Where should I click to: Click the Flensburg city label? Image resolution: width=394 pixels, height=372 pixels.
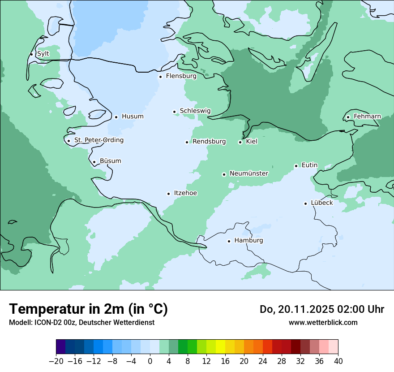click(x=181, y=76)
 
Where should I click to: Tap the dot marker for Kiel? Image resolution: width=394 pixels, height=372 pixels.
click(x=240, y=142)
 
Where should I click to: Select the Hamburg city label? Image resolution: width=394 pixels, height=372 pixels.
click(x=248, y=241)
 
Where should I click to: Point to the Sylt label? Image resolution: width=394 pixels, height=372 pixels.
click(x=43, y=54)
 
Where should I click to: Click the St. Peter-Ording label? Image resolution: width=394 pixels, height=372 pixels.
click(x=98, y=140)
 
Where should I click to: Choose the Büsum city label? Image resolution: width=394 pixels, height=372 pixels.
click(x=110, y=161)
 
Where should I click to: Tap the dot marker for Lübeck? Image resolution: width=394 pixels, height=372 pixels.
click(x=306, y=203)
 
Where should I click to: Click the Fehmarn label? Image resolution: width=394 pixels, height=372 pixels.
click(x=367, y=117)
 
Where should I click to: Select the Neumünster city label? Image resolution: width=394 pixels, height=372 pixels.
click(x=249, y=173)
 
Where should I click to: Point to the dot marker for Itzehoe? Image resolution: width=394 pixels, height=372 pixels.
click(x=169, y=194)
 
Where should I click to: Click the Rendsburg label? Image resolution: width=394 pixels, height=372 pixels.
click(x=209, y=142)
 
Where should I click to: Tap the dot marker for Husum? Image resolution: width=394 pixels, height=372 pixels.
click(x=116, y=117)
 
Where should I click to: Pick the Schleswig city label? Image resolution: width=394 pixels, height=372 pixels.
click(x=195, y=111)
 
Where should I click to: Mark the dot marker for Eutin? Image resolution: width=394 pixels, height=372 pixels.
click(x=296, y=166)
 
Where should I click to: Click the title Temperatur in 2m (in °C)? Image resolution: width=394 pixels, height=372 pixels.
click(x=88, y=309)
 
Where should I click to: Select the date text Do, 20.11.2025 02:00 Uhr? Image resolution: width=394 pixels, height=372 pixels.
click(x=321, y=310)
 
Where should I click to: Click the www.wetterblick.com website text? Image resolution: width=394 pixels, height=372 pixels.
click(x=323, y=322)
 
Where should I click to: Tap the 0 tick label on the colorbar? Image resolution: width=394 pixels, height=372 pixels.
click(x=150, y=361)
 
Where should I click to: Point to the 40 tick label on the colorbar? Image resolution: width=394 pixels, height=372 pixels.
click(x=338, y=361)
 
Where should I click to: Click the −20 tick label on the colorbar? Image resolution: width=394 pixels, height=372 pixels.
click(x=56, y=361)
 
